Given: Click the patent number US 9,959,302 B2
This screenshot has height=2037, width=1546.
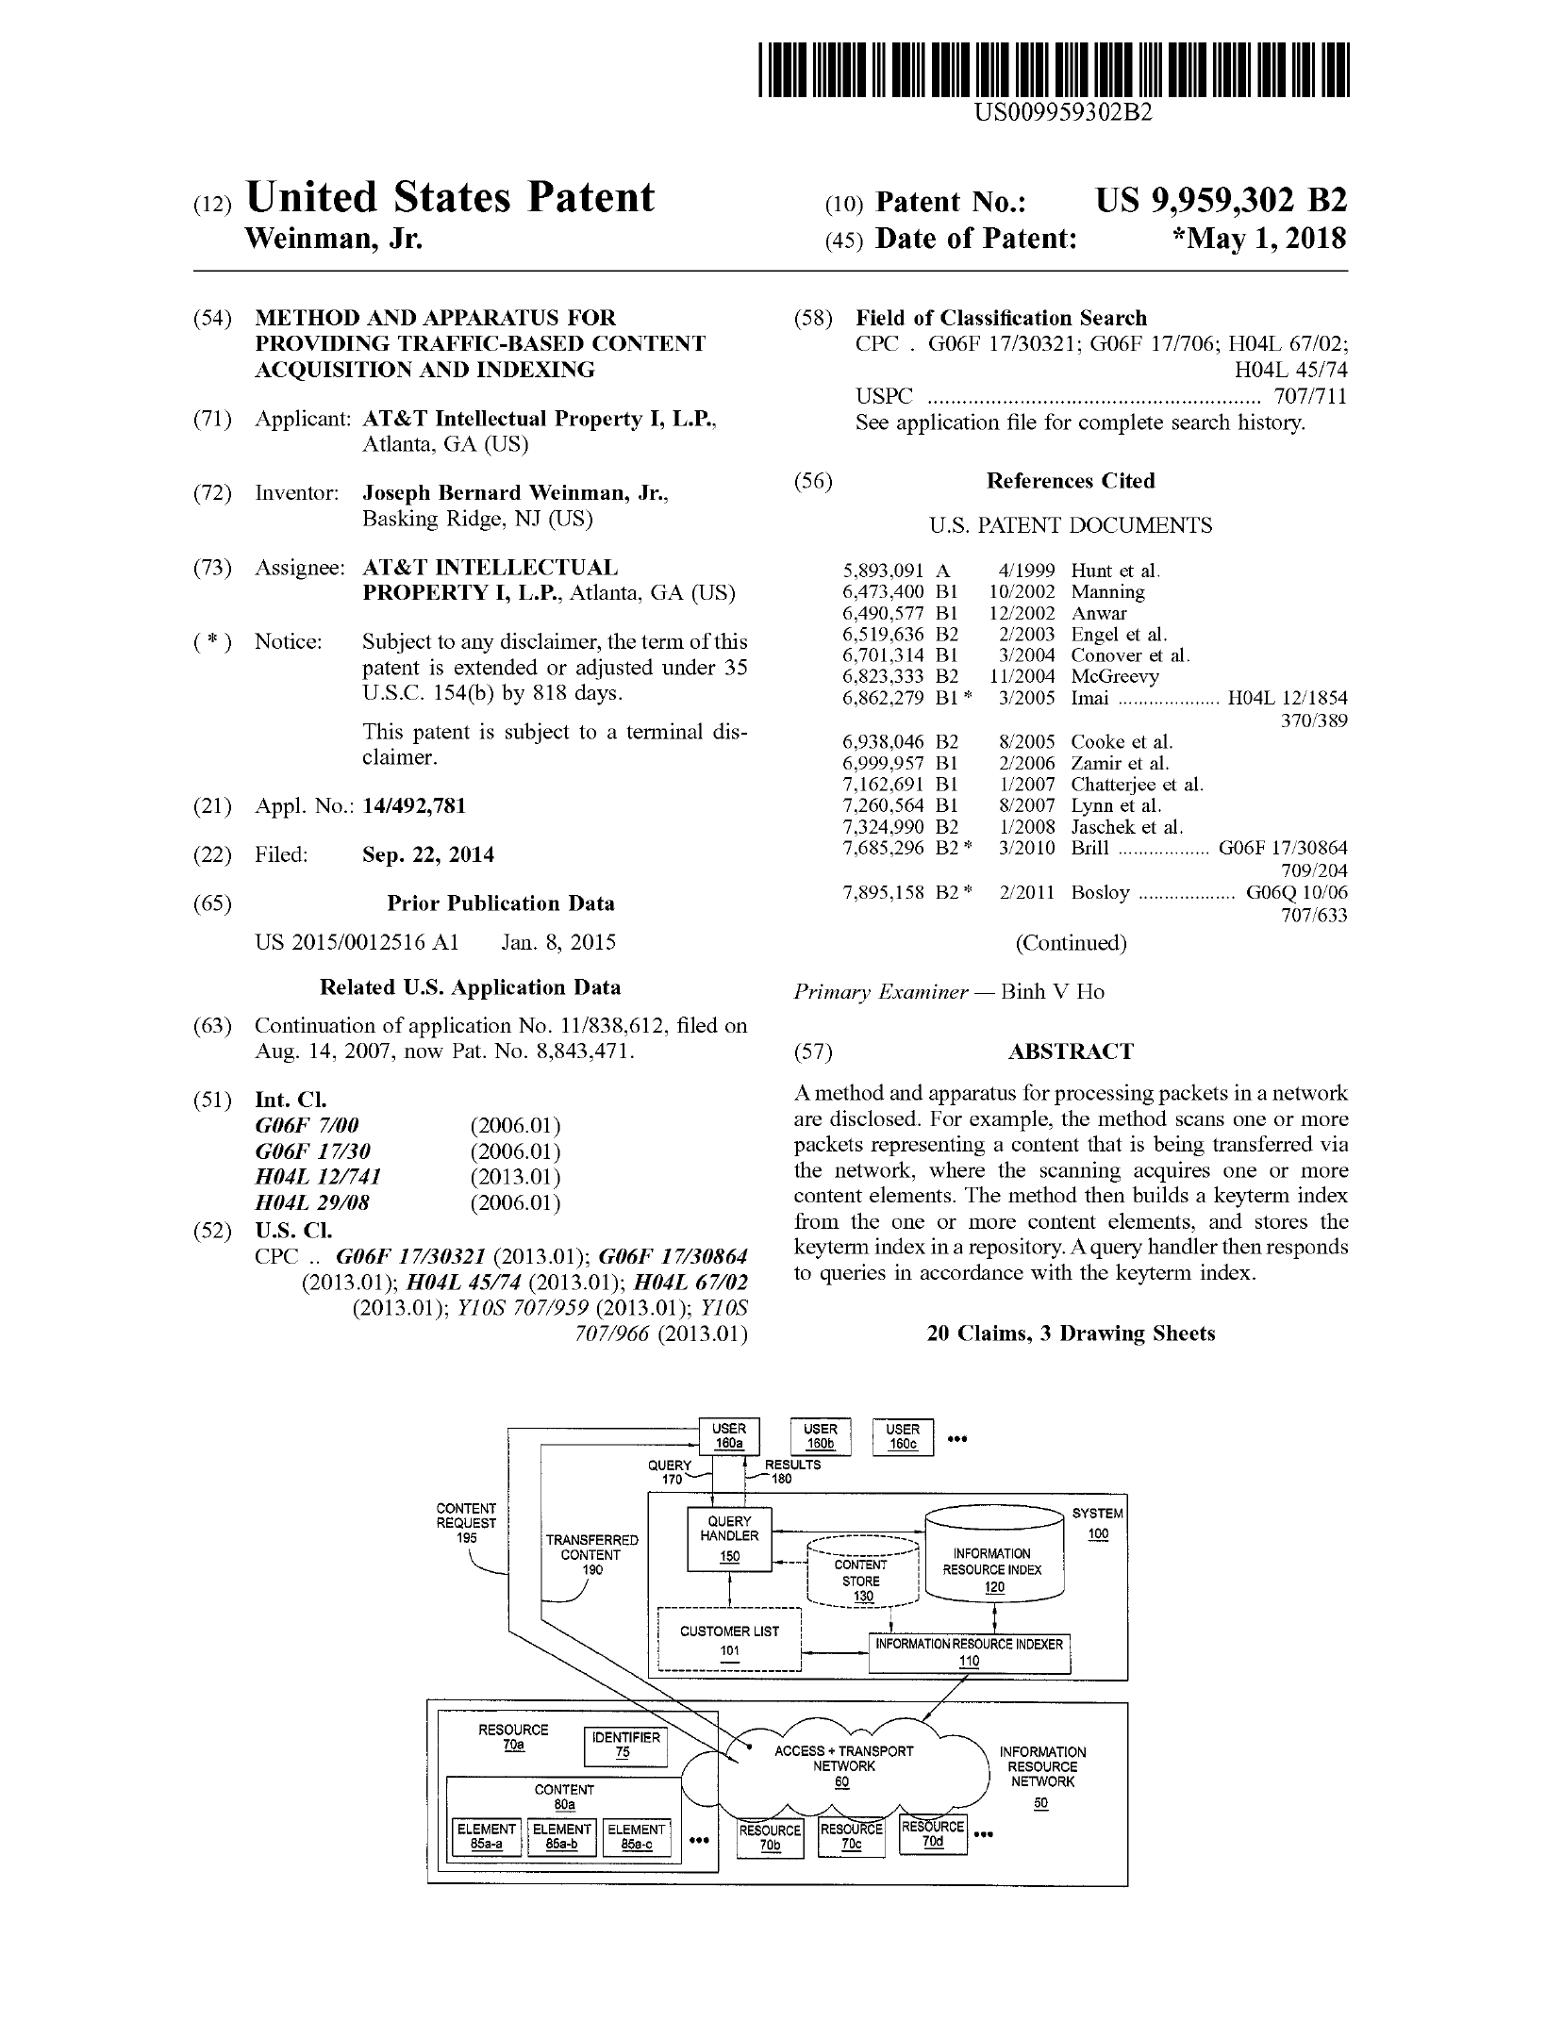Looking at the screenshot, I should click(x=1221, y=201).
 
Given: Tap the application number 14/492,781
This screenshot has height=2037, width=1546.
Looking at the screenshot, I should click(x=414, y=806).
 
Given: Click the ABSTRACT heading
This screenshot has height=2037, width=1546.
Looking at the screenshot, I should click(x=1071, y=1052).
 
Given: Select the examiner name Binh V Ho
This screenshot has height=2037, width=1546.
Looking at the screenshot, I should click(x=1052, y=992).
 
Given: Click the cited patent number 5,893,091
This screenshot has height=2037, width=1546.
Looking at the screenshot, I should click(x=883, y=571).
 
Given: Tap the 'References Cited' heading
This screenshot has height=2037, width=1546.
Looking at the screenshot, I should click(x=1071, y=481).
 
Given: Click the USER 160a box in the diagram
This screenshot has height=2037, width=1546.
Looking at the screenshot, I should click(x=728, y=1436).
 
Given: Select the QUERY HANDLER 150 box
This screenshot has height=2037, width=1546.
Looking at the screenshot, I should click(x=729, y=1538).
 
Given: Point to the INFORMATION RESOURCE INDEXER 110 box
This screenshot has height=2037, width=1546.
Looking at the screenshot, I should click(x=969, y=1652).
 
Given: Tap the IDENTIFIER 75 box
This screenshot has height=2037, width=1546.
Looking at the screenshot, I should click(x=624, y=1745).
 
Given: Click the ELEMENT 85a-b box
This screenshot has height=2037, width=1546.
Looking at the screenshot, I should click(x=561, y=1836).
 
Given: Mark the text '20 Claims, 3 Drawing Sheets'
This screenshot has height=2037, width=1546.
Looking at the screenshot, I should click(x=1071, y=1333).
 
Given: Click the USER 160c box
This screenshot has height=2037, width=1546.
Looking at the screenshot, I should click(x=903, y=1436).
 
